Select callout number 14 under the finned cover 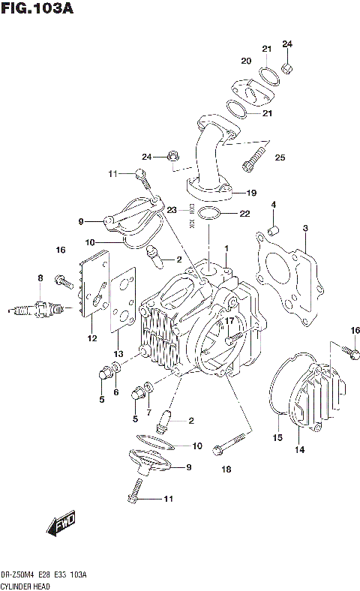[299, 450]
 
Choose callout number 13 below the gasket [117, 353]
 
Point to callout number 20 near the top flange [246, 61]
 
